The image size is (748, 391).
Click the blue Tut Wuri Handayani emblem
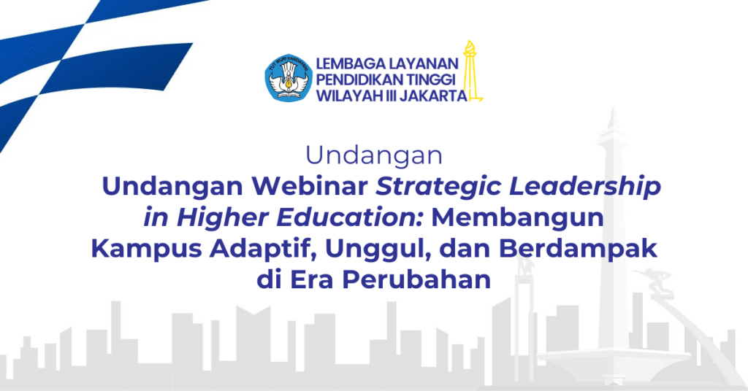click(288, 77)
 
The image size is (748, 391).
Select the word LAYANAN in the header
click(424, 63)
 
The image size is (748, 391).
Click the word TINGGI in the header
click(430, 80)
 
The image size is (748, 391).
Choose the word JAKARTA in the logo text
click(433, 96)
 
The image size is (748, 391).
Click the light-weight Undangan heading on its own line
click(374, 155)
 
